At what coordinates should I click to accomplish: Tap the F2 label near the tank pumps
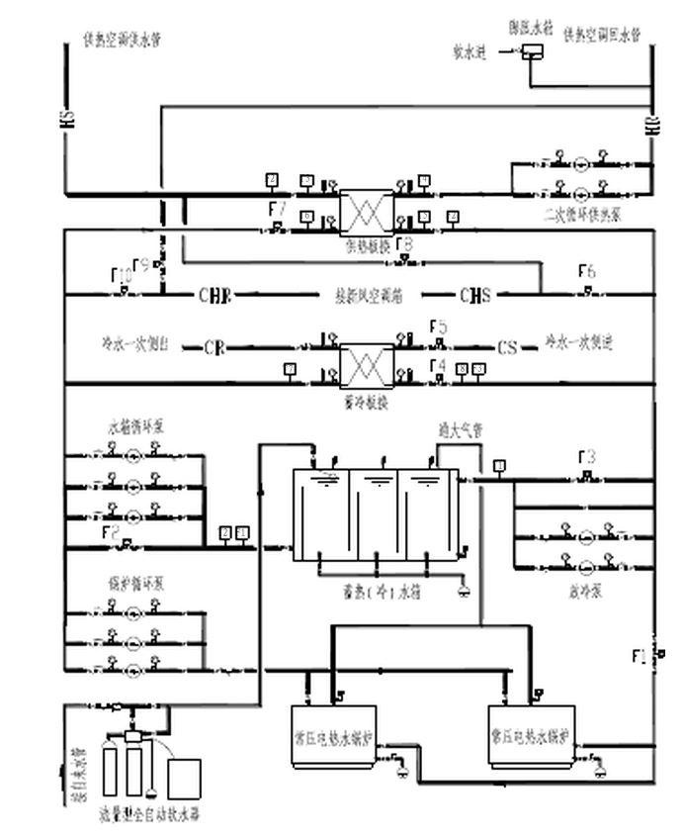pos(111,532)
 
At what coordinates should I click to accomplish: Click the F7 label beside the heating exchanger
pos(278,210)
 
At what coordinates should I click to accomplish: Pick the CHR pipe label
pos(214,295)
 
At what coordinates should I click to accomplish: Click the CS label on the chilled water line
pos(507,348)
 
